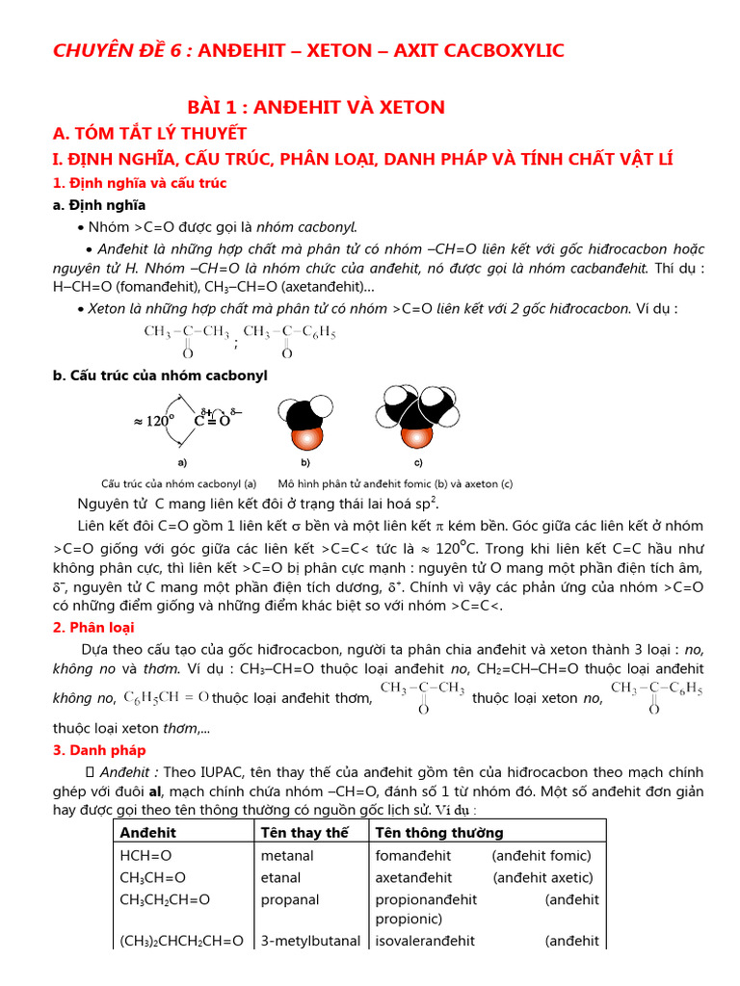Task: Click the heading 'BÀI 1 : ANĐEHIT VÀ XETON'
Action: [316, 107]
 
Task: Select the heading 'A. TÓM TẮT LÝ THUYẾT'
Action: [149, 133]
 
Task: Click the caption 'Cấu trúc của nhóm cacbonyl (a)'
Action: [178, 484]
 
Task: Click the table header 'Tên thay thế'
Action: [304, 833]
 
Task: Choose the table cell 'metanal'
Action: [287, 855]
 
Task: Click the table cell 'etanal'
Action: [280, 877]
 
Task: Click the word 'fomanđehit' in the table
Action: [413, 855]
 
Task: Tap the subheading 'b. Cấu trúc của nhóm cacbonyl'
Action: [160, 376]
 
